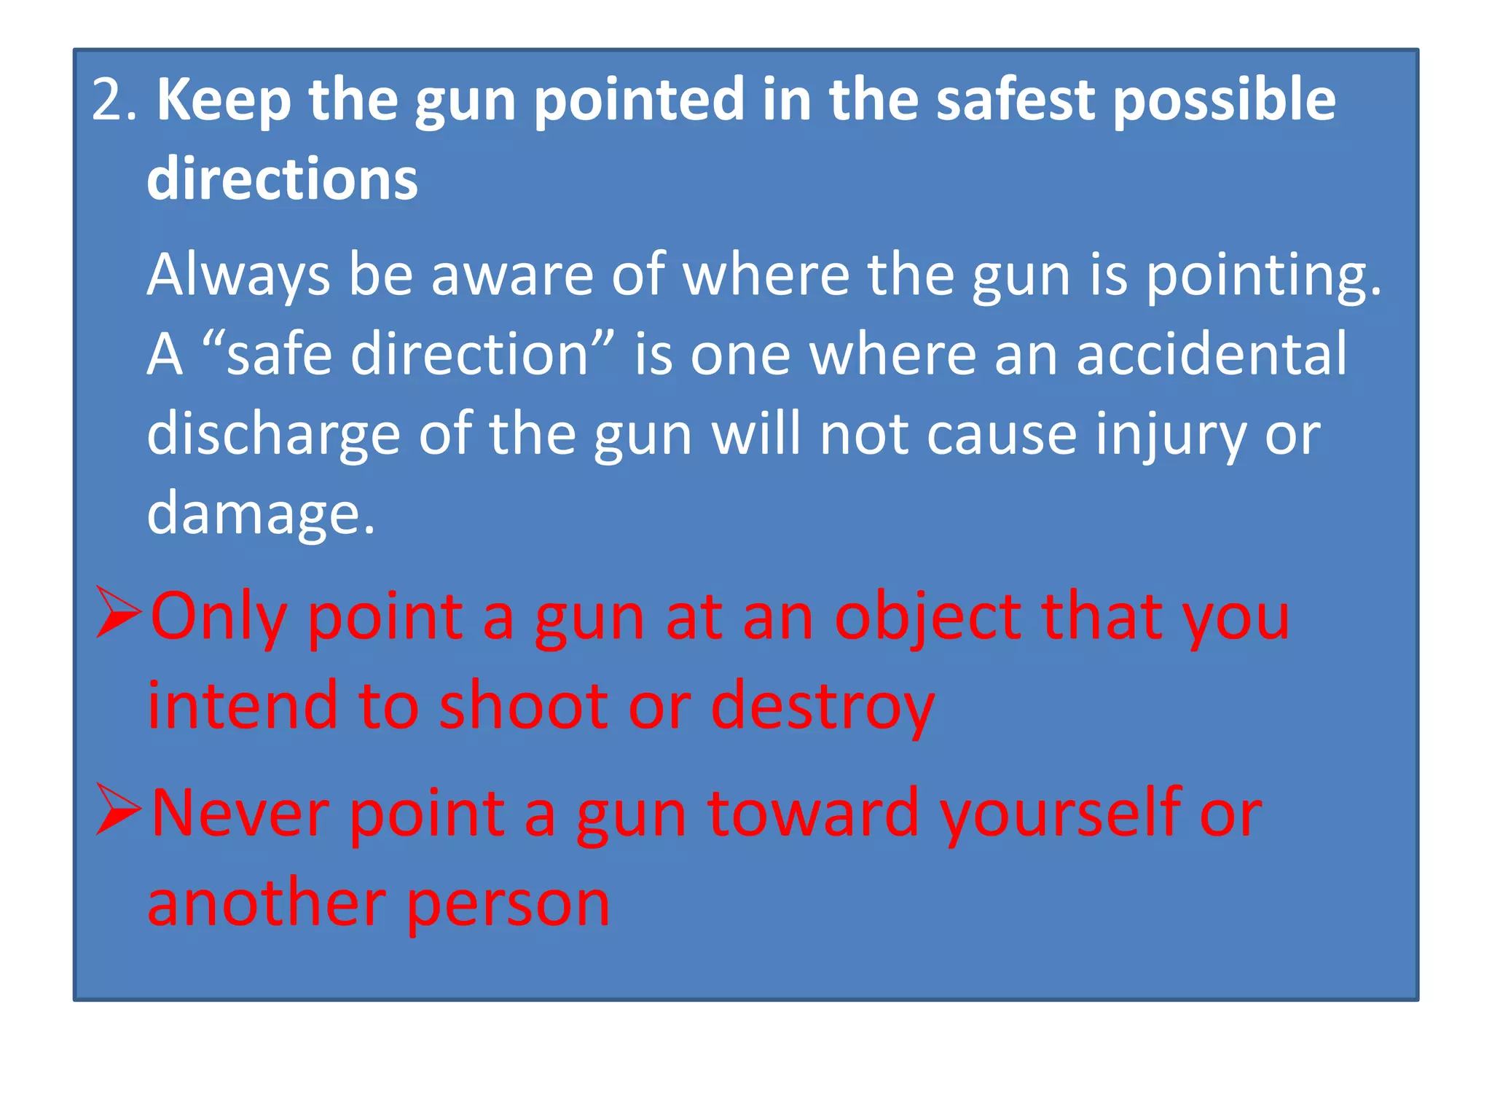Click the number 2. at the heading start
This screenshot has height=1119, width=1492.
click(x=114, y=100)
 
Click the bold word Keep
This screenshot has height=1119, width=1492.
click(x=224, y=101)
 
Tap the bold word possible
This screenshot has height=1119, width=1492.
click(x=1225, y=101)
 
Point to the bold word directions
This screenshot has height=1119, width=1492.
click(x=283, y=179)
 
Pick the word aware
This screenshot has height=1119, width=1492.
click(x=512, y=275)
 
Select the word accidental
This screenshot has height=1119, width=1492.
click(x=1212, y=354)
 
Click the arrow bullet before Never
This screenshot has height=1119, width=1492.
click(x=118, y=810)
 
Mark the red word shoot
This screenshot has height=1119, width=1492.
click(x=523, y=705)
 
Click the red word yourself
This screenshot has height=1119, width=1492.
click(x=1060, y=815)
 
